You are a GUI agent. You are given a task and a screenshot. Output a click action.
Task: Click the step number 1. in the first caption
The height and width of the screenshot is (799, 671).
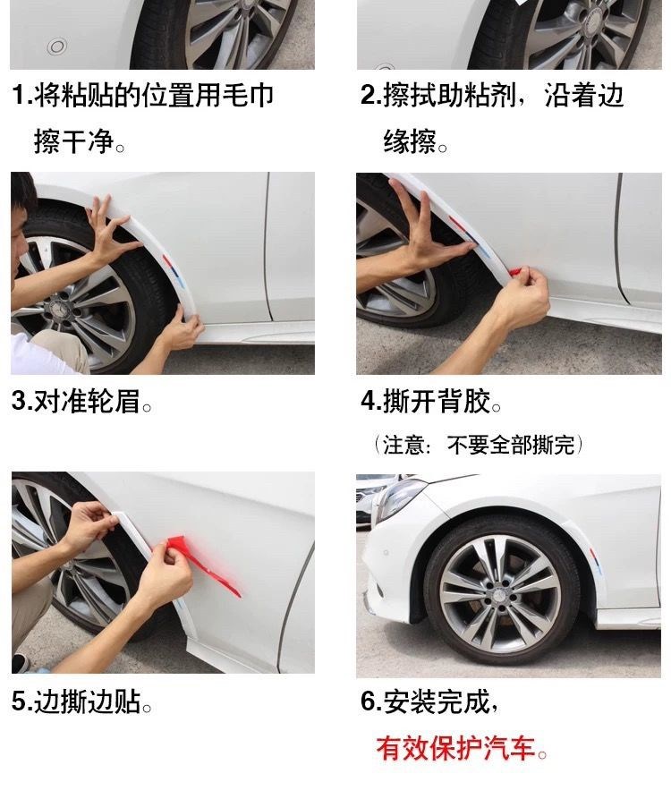(22, 95)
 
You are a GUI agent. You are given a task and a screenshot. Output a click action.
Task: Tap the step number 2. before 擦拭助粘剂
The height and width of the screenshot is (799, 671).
(371, 95)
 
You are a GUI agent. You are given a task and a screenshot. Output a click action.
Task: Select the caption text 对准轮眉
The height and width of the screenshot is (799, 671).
(87, 401)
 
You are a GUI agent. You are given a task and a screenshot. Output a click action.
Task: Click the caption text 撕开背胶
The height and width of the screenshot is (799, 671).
(437, 401)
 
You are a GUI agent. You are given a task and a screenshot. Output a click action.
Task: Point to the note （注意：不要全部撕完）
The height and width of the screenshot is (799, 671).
(479, 445)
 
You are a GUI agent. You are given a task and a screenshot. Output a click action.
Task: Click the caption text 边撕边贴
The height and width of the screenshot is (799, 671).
(87, 701)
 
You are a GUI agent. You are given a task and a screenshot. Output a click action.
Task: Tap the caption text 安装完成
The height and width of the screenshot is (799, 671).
(437, 701)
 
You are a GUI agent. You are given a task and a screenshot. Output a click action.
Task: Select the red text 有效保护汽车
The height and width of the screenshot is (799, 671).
(455, 749)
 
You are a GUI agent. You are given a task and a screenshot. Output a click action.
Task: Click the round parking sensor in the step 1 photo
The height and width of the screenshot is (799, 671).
(56, 47)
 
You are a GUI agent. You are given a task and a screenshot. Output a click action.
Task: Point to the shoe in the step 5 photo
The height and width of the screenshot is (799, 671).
(21, 662)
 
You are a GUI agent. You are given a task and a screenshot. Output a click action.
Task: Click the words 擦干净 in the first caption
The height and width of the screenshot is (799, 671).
(74, 141)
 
